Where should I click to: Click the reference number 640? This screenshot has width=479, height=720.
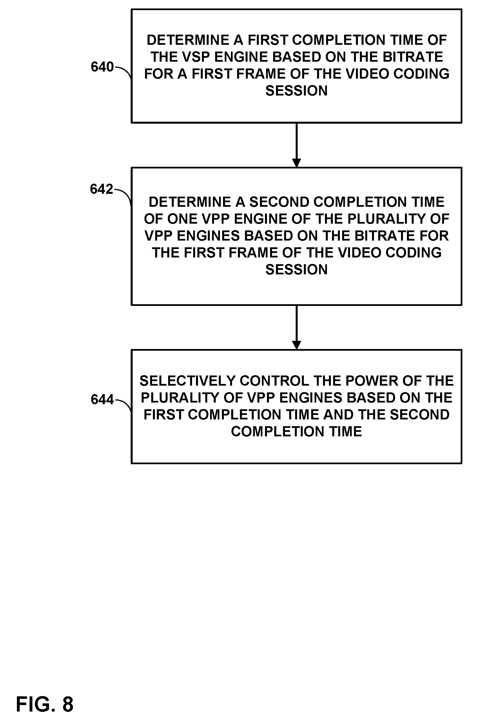[x=102, y=67]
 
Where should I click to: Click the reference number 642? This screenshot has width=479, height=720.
[x=101, y=189]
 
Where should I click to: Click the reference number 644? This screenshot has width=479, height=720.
[x=102, y=400]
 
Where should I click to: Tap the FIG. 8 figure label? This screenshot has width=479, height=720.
[x=44, y=704]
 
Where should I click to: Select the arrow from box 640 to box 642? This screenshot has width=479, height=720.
[x=296, y=145]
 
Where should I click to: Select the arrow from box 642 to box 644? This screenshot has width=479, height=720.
[x=296, y=327]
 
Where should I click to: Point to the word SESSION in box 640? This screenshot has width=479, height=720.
[x=296, y=91]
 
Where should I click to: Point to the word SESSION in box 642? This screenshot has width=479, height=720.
[x=296, y=270]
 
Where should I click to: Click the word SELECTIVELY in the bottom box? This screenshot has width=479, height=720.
[x=188, y=381]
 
